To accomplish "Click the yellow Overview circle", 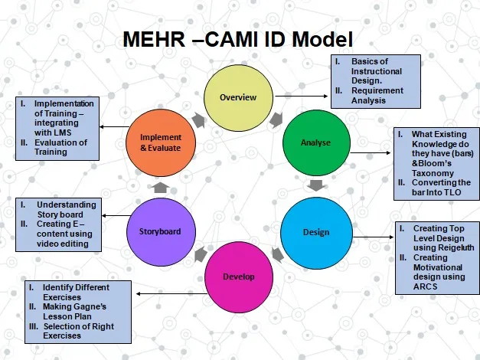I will point(238,97).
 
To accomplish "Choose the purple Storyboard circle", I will point(160,230).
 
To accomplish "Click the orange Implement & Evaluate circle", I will point(160,143).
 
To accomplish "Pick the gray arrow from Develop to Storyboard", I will point(199,254).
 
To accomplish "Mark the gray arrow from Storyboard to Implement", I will point(161,186).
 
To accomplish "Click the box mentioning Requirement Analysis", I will point(375,80).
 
